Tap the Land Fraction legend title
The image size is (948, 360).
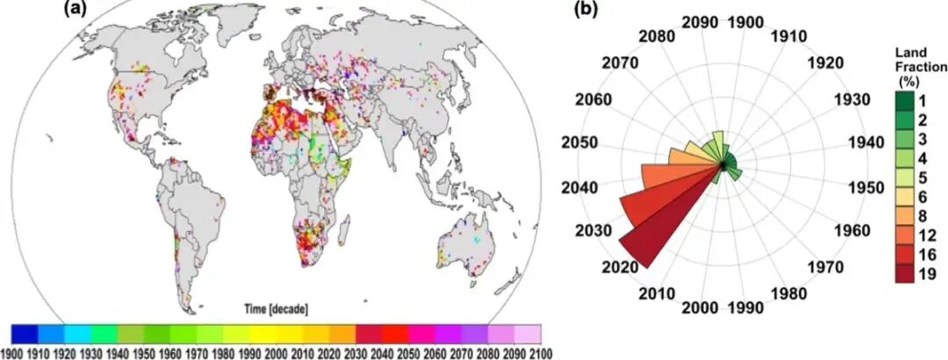(x=913, y=66)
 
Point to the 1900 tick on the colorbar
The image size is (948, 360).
(x=12, y=352)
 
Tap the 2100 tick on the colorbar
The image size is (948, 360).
(x=539, y=352)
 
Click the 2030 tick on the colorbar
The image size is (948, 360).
(x=355, y=352)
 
